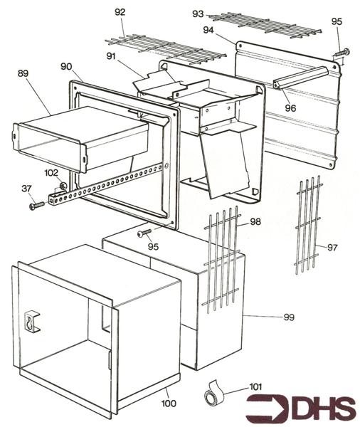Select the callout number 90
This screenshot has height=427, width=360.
click(x=66, y=66)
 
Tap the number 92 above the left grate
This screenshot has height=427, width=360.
click(x=120, y=12)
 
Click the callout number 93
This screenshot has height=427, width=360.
click(x=198, y=14)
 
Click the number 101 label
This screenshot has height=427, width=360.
click(x=255, y=387)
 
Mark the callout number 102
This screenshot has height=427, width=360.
click(x=51, y=173)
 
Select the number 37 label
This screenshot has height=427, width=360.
click(x=26, y=188)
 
